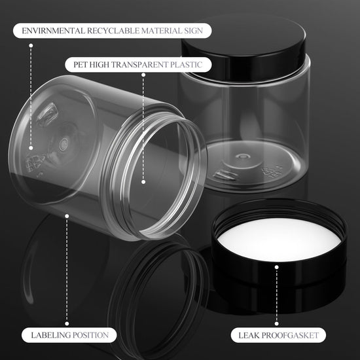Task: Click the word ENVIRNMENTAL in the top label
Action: coord(53,31)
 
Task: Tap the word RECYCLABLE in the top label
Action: coord(113,31)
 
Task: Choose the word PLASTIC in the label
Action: coord(186,65)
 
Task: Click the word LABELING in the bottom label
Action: coord(48,335)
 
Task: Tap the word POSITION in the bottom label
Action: coord(88,335)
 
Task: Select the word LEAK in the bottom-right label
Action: coord(249,335)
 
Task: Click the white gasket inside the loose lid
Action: coord(279,240)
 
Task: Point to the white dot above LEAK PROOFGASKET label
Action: coord(277,267)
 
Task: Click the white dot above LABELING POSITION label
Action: coord(67,323)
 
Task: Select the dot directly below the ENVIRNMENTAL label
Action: coord(31,45)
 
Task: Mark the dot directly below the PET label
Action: coord(143,75)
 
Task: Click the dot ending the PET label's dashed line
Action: coord(143,182)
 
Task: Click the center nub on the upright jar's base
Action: coord(242,157)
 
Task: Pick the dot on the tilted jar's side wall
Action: coord(67,216)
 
